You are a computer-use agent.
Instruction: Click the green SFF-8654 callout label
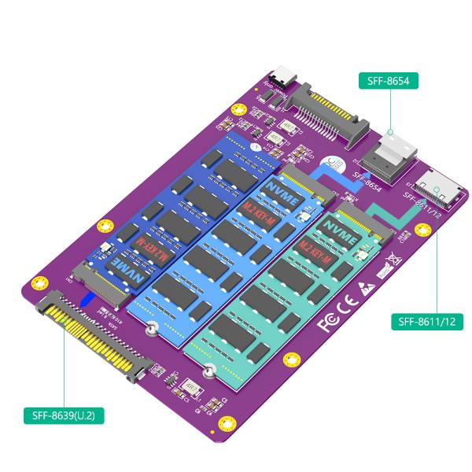pyautogui.click(x=388, y=80)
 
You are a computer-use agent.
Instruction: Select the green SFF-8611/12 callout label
pyautogui.click(x=427, y=322)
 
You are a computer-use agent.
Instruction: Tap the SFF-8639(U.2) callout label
pyautogui.click(x=64, y=415)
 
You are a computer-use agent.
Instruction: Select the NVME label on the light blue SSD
pyautogui.click(x=281, y=191)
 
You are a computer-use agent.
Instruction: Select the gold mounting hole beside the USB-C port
pyautogui.click(x=263, y=81)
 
